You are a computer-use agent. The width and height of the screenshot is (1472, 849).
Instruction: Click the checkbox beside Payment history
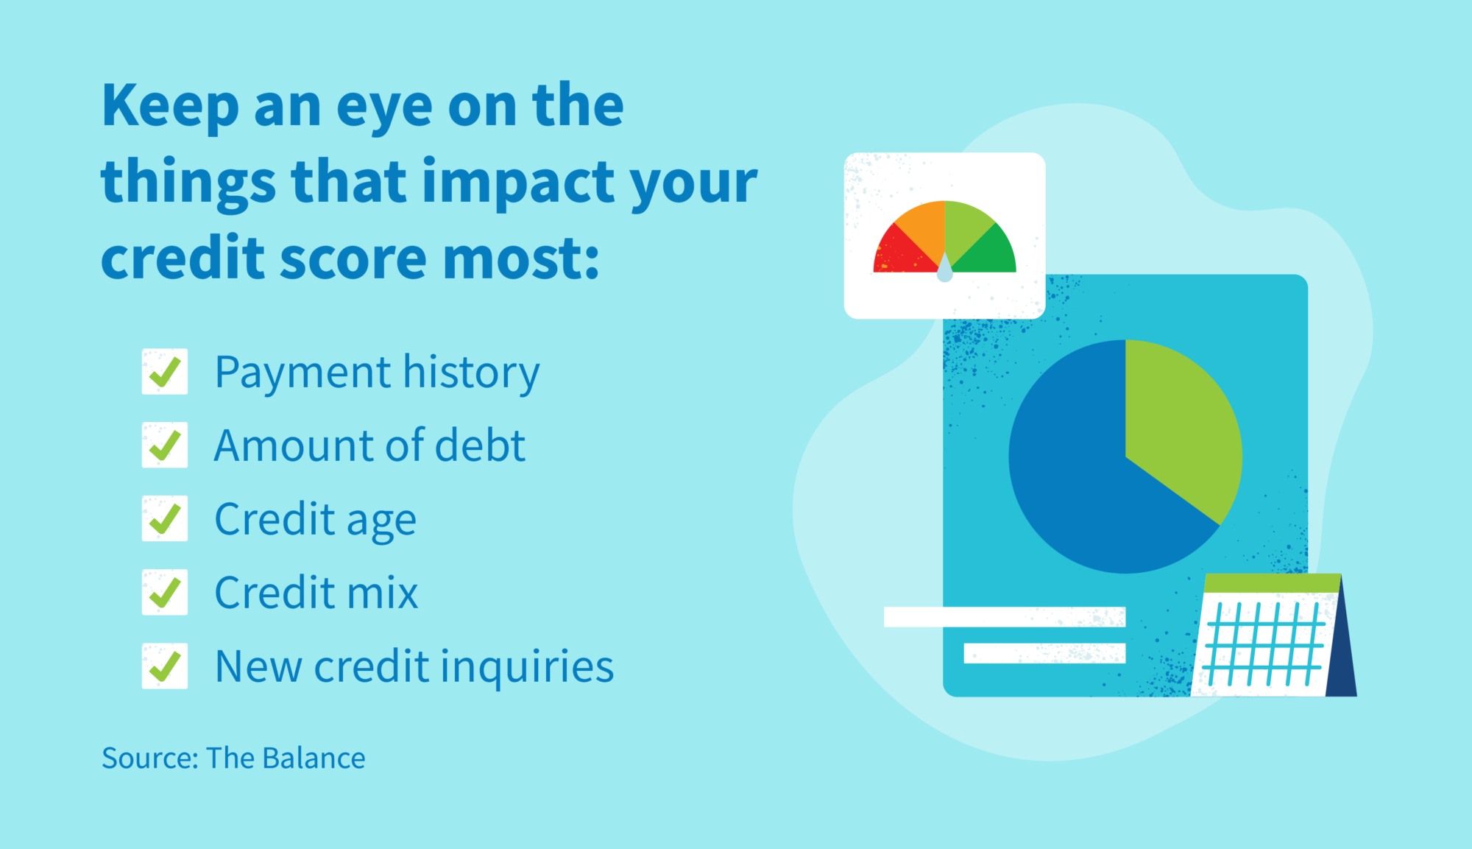click(165, 372)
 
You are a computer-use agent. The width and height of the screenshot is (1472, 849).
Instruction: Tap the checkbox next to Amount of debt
click(165, 445)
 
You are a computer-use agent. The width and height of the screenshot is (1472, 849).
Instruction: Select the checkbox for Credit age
click(165, 519)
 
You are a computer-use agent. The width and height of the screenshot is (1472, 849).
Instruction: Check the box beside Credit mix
click(165, 593)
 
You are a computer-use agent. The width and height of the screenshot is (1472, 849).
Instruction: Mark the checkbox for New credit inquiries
click(165, 666)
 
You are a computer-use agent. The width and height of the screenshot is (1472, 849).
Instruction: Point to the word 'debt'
click(480, 446)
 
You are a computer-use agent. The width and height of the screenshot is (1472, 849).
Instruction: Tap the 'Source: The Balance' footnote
click(233, 758)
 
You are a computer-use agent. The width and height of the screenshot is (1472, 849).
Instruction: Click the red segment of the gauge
click(898, 254)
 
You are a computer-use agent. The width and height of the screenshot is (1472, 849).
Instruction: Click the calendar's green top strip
click(1272, 583)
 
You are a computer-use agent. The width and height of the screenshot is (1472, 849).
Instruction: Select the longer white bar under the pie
click(1005, 617)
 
